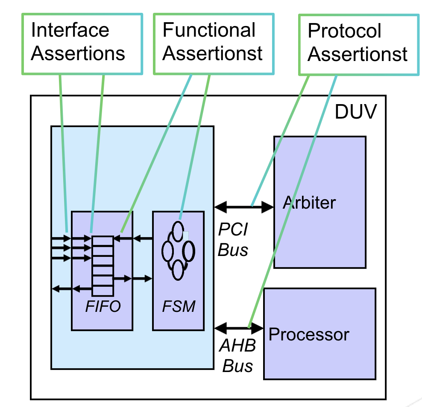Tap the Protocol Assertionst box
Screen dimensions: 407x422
(358, 44)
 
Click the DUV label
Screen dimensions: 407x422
(355, 112)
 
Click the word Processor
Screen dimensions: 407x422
(309, 334)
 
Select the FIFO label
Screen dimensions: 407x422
(103, 306)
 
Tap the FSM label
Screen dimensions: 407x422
(179, 306)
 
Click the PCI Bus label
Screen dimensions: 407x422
(233, 240)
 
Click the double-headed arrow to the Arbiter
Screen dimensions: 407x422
(243, 207)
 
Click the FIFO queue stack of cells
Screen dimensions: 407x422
(103, 266)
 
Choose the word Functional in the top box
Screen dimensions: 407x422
(209, 31)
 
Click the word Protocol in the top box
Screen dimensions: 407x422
(344, 32)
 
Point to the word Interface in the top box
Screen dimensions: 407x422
(70, 31)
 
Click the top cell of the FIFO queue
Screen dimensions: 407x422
(103, 241)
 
